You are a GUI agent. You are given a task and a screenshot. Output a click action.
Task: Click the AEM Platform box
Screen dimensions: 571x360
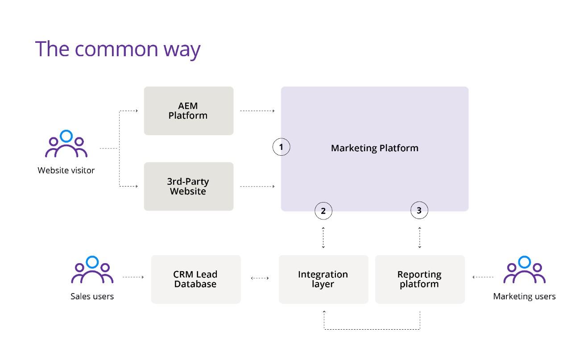tap(189, 111)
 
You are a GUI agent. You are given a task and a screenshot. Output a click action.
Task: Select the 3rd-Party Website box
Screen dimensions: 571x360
tap(189, 186)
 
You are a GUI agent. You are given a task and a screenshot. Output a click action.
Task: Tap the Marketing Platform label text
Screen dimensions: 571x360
tap(375, 148)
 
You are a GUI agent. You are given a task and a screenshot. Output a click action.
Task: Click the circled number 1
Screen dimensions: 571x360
tap(281, 147)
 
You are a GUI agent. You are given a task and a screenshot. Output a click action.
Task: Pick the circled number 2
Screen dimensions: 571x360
tap(323, 211)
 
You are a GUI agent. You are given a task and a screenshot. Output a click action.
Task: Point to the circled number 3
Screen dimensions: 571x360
tap(419, 211)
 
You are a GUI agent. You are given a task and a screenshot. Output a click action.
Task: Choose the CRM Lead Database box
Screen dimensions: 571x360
tap(196, 279)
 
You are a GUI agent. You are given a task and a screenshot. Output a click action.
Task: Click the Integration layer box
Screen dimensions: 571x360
tap(323, 279)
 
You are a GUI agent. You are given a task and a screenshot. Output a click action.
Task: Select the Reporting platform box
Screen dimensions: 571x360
tap(420, 279)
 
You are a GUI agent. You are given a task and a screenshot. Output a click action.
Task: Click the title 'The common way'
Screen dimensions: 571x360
tap(118, 50)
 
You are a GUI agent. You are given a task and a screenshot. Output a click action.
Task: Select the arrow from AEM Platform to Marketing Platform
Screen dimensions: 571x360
tap(257, 111)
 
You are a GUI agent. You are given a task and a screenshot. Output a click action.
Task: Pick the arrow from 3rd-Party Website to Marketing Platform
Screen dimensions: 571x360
tap(257, 186)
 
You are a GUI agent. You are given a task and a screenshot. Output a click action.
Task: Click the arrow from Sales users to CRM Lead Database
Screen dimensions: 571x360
tap(133, 277)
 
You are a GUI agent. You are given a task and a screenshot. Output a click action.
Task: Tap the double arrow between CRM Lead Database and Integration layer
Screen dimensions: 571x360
tap(260, 278)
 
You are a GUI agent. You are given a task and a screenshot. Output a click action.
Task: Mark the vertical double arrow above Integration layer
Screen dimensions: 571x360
tap(323, 238)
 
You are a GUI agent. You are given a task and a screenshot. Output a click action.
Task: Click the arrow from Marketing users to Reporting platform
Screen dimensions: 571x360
tap(483, 277)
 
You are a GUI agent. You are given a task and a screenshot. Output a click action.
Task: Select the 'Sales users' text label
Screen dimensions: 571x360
tap(92, 297)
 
